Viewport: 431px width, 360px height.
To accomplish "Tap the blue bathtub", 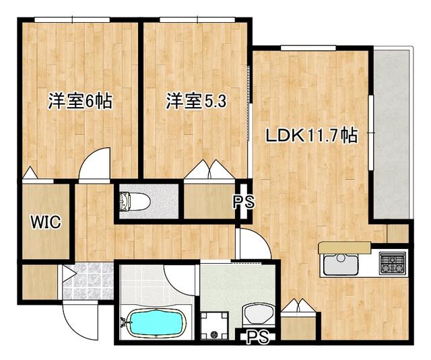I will pyautogui.click(x=155, y=324).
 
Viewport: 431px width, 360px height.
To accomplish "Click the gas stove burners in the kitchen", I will pyautogui.click(x=392, y=262).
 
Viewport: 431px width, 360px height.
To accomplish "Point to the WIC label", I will pyautogui.click(x=44, y=222).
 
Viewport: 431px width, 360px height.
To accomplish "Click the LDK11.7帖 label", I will pyautogui.click(x=310, y=135).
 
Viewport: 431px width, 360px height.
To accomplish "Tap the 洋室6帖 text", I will pyautogui.click(x=79, y=102).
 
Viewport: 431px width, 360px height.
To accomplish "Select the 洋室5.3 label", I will pyautogui.click(x=196, y=102).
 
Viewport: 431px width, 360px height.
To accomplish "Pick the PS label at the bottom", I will pyautogui.click(x=256, y=336).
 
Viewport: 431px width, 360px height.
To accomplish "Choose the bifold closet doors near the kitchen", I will pyautogui.click(x=296, y=307).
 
